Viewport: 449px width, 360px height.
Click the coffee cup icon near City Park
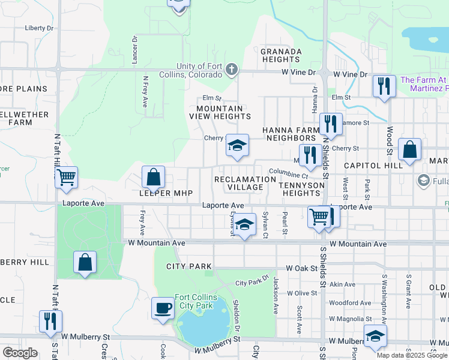point(163,308)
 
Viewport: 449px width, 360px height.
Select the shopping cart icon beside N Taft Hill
point(66,176)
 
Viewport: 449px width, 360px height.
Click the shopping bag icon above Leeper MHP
point(154,177)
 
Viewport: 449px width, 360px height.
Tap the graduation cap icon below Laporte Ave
point(244,224)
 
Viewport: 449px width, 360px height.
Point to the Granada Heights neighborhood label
point(280,55)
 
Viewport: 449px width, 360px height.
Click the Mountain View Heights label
point(216,112)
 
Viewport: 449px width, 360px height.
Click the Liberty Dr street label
point(39,28)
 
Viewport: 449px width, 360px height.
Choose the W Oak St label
point(301,268)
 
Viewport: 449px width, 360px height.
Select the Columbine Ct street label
point(289,173)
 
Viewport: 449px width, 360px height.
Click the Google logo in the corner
point(20,353)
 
